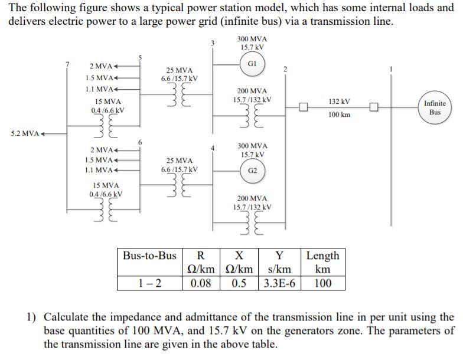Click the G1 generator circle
[x=252, y=64]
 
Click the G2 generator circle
[x=252, y=171]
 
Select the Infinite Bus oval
[x=435, y=107]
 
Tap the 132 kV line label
[x=340, y=102]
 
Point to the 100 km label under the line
[x=340, y=114]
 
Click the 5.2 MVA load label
[x=25, y=133]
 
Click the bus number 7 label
[x=68, y=63]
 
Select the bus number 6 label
[x=140, y=142]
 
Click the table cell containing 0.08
[x=200, y=283]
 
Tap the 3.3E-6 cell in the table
[x=281, y=283]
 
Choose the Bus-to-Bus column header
[x=149, y=256]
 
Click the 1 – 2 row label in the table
[x=149, y=283]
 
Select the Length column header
[x=323, y=256]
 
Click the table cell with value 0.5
[x=239, y=283]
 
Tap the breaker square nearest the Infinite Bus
[x=374, y=107]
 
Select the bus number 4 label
[x=213, y=148]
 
